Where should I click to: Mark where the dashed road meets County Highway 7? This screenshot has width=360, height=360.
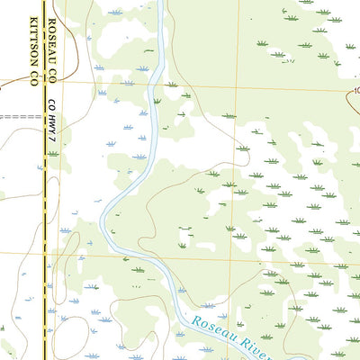42,118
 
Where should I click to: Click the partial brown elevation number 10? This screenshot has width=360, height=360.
355,91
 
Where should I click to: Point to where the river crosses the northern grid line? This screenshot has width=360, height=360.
155,84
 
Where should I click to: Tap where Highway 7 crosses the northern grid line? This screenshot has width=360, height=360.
42,81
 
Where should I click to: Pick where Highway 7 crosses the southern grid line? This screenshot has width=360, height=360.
42,252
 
